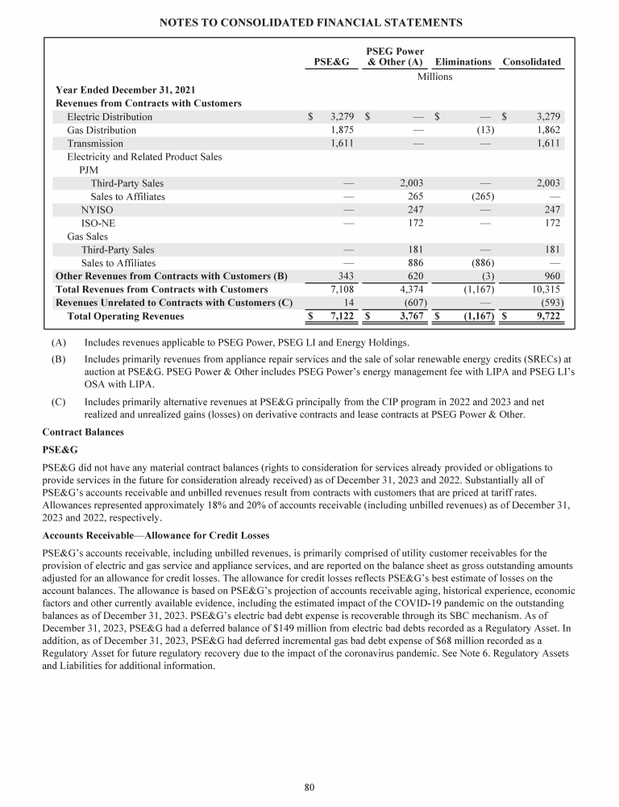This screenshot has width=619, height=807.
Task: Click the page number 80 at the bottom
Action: coord(309,787)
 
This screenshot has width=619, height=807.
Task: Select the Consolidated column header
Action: coord(531,62)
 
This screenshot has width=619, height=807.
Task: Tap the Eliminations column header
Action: coord(463,62)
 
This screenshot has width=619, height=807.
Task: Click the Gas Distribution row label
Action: coord(102,130)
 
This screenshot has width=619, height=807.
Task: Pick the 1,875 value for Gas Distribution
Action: coord(343,130)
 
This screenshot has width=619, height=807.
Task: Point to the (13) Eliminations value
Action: coord(485,130)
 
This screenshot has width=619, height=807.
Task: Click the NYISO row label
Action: coord(96,210)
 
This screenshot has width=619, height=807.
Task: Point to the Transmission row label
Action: coord(95,144)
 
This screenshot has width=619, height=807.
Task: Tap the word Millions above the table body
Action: coord(434,77)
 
